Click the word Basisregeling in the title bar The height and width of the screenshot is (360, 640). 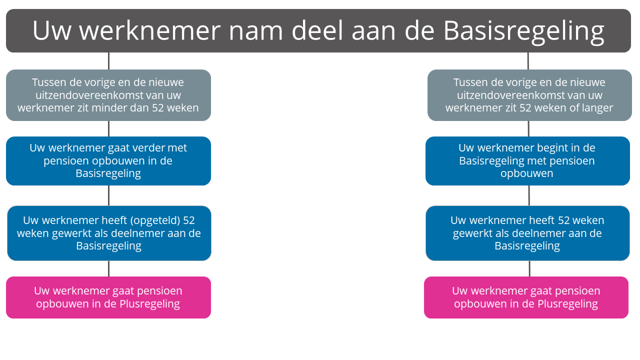523,31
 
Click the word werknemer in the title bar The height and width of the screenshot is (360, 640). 149,31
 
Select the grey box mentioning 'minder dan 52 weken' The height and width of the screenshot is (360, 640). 108,95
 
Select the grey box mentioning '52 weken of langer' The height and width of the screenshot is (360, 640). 529,95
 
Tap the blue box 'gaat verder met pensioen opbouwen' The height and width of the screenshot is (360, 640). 108,161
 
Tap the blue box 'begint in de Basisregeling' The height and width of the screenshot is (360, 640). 527,161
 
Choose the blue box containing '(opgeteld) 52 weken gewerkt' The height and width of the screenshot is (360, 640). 109,233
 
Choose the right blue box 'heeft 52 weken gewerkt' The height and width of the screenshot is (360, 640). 527,233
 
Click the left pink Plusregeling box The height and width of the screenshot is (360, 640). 108,297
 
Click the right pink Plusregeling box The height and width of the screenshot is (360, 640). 526,297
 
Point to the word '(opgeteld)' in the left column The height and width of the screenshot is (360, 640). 155,220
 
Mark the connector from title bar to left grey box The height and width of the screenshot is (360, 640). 108,61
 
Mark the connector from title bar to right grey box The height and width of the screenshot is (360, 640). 528,61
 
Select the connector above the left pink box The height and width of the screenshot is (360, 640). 108,268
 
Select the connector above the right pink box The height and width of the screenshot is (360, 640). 529,268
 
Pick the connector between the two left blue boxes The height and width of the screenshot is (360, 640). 108,195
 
